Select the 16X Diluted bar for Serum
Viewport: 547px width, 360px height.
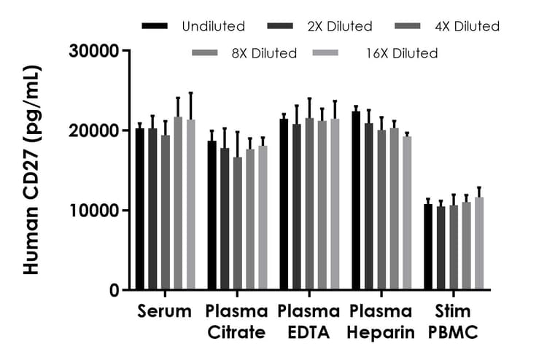190,205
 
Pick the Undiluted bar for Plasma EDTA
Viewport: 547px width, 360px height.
284,204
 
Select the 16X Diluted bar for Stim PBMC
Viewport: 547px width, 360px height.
479,243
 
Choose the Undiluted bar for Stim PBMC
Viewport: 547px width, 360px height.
429,247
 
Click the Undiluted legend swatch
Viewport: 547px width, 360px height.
156,27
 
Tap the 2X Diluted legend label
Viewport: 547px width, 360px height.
338,27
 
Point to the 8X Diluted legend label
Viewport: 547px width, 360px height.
263,53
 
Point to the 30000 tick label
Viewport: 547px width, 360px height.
94,52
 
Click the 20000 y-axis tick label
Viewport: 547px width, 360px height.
94,131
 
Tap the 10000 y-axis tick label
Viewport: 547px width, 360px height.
94,211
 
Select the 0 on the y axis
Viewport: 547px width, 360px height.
114,290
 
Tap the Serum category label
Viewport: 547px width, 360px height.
164,312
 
